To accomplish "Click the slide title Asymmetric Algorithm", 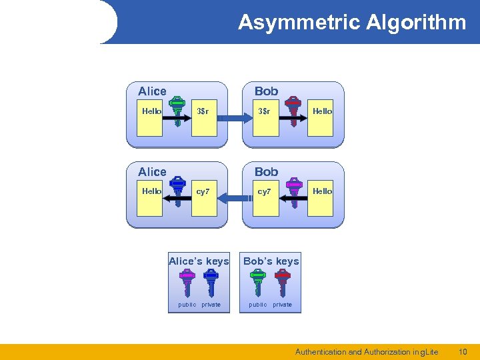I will coord(352,23).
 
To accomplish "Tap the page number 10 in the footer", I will coord(463,351).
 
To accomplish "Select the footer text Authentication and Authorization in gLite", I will coord(367,351).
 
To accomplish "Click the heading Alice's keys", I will coord(199,261).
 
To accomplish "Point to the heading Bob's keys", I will coord(271,261).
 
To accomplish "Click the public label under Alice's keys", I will coord(187,305).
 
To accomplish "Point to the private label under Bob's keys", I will coord(282,305).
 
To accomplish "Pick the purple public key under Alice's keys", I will coord(187,282).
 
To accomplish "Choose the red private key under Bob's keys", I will coord(282,282).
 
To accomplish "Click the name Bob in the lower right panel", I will coord(266,171).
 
